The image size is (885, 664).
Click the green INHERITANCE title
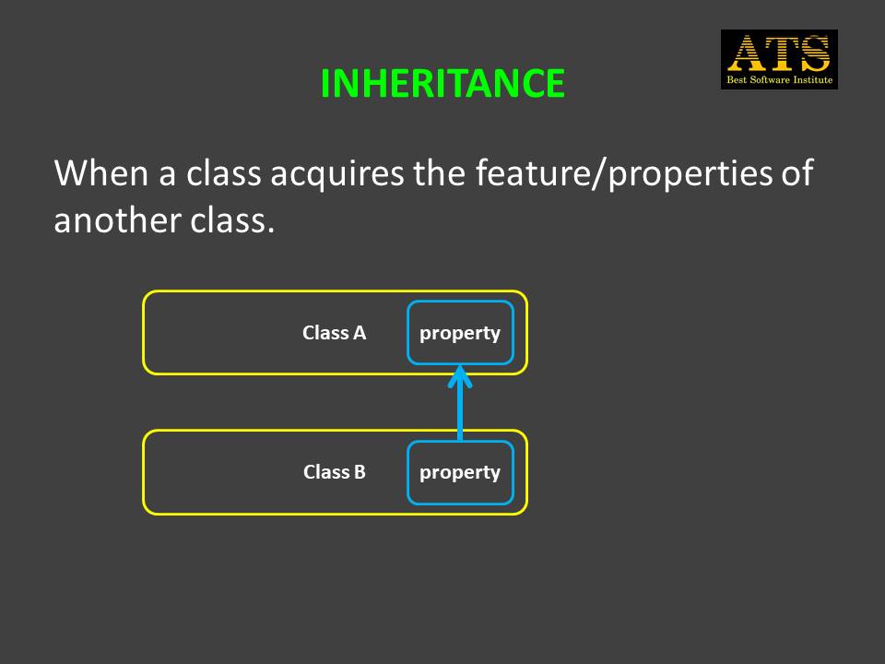pos(442,84)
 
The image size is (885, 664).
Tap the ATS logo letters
pos(779,53)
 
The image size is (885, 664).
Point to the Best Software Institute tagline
pos(780,79)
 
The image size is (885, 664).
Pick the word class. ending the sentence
pos(232,219)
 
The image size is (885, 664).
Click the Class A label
pos(334,333)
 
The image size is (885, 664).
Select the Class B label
pos(334,472)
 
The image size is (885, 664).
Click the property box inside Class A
pos(460,333)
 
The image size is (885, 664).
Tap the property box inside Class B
pos(460,472)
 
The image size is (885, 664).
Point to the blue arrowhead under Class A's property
pos(460,376)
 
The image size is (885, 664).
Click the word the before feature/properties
pos(440,172)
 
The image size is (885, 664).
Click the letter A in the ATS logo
pos(747,53)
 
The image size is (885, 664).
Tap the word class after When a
pos(223,172)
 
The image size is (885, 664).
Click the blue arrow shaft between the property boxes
pos(460,408)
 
